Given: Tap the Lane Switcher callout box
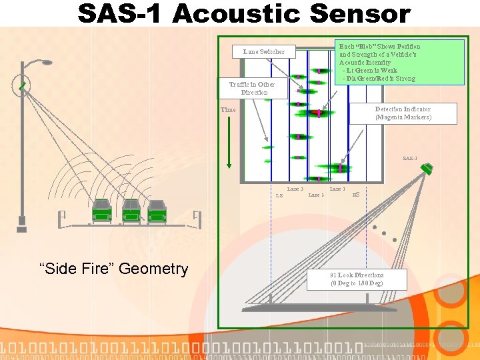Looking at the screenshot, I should click(264, 51).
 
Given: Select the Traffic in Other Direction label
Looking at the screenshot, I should click(252, 89).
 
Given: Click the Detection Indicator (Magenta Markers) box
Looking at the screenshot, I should click(403, 113).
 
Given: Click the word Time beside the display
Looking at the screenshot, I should click(229, 110).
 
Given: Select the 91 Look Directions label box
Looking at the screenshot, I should click(357, 279).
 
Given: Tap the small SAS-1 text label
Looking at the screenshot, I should click(410, 159).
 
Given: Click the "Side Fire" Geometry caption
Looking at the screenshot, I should click(114, 269).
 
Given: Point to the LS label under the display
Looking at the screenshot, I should click(279, 196).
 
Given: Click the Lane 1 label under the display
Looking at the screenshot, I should click(337, 189).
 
